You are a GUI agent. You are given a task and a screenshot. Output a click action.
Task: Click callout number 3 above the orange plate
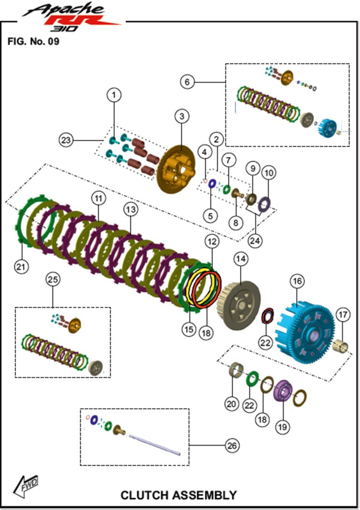coord(182,116)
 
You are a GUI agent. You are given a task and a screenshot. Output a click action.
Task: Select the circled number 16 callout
coord(297,281)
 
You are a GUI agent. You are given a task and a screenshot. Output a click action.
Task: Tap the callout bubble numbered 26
coord(232,446)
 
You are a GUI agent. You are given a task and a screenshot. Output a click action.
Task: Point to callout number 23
coord(66,140)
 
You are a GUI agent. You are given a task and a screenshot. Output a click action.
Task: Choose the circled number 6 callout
coord(187,82)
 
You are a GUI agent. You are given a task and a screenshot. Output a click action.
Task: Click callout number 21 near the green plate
coord(20,267)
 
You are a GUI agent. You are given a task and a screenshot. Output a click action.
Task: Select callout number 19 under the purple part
coord(283,427)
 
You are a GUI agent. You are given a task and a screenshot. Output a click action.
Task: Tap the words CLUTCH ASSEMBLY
coord(178,495)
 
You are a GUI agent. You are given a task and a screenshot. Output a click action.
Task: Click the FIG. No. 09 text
coord(33,41)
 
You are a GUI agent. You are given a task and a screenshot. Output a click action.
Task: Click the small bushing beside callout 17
coord(342,344)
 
